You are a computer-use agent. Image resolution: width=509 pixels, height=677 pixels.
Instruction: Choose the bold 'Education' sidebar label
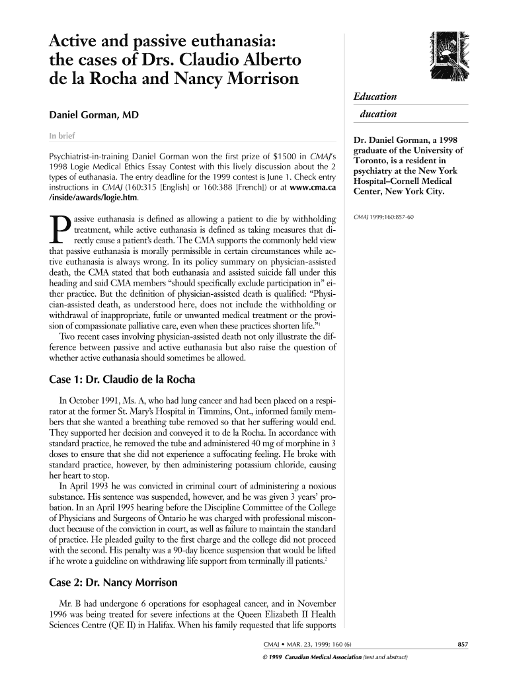[x=374, y=97]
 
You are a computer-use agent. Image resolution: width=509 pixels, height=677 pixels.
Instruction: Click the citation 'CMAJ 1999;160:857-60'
[x=384, y=217]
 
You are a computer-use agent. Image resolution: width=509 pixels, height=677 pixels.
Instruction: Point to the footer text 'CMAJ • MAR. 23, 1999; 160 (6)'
[x=307, y=645]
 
